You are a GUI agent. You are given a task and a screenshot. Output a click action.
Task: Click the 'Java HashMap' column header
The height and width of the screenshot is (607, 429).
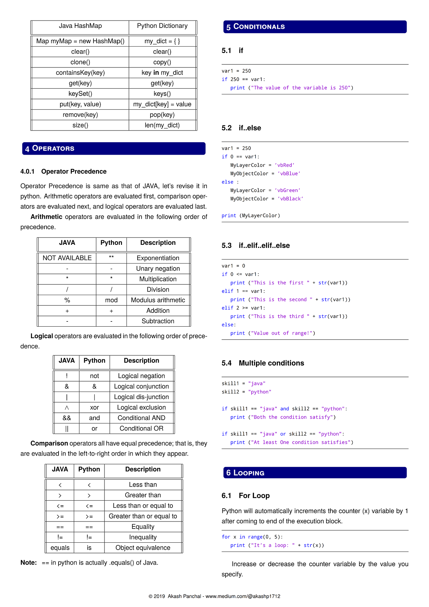tap(80, 26)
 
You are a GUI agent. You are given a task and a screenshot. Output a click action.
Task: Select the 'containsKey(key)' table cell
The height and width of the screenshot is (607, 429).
tap(80, 73)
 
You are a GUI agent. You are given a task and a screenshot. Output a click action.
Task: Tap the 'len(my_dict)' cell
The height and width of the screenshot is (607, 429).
tap(162, 125)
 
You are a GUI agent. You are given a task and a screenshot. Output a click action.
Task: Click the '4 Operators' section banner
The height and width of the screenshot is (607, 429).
tap(114, 148)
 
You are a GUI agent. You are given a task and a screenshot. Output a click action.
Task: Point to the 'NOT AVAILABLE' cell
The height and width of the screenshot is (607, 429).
tap(67, 258)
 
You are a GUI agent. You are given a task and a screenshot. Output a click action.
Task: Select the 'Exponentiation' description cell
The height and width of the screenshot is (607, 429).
tap(158, 258)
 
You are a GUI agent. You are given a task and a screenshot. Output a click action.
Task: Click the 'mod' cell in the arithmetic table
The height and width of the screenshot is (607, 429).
tap(111, 300)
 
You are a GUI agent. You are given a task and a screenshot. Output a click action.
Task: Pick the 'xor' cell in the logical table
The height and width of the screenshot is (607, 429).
tap(94, 408)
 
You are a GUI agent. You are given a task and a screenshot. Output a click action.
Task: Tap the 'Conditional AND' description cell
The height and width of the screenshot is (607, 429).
tap(141, 418)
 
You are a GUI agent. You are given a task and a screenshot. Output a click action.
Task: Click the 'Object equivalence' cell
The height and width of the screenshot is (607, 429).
tap(143, 548)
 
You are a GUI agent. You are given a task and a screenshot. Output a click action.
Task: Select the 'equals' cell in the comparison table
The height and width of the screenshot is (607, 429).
tap(60, 548)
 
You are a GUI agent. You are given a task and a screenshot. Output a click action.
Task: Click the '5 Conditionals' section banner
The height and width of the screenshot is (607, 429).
tap(315, 27)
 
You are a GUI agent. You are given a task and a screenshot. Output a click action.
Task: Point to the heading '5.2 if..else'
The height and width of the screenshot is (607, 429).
tap(241, 128)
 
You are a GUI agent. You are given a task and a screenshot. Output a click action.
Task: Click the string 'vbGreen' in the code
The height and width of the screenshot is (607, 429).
tap(287, 190)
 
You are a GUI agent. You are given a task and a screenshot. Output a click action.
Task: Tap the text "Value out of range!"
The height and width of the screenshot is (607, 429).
tap(282, 333)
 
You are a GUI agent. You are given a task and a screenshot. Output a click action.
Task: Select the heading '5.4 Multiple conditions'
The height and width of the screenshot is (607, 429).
tap(263, 363)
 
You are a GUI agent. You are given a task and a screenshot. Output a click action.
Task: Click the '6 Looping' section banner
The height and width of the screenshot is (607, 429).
tap(315, 472)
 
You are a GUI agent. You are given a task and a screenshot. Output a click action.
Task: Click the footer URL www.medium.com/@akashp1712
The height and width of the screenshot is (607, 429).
tap(243, 596)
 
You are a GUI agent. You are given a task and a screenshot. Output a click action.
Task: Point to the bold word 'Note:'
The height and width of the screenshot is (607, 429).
tap(28, 563)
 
